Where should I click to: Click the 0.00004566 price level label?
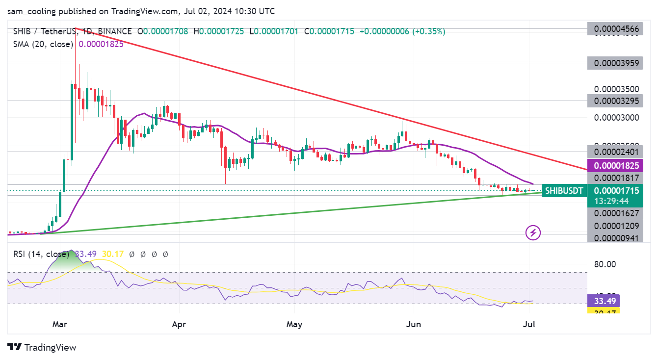(616, 29)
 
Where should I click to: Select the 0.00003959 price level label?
(616, 63)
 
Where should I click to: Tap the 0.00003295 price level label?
(616, 101)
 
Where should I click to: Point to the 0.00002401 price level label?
(616, 152)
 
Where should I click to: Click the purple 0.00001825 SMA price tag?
(616, 166)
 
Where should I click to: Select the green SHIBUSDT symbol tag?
(564, 190)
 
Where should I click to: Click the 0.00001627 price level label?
(616, 213)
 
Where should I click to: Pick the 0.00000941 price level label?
(616, 238)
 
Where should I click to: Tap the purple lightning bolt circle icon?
(533, 232)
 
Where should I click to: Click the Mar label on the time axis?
(60, 324)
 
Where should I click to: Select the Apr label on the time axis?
(180, 324)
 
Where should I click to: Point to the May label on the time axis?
(294, 324)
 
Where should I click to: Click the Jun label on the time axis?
(413, 324)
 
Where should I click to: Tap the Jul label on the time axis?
(529, 324)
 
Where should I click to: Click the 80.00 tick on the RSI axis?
(605, 265)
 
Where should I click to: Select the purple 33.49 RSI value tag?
(603, 300)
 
